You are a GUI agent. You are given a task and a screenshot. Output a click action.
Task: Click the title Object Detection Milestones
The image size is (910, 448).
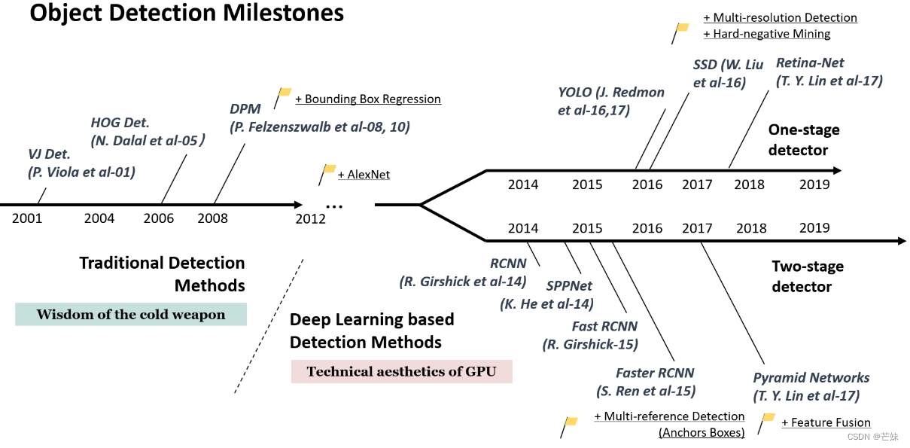(x=187, y=14)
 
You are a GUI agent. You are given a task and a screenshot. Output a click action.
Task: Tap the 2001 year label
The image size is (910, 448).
(x=27, y=218)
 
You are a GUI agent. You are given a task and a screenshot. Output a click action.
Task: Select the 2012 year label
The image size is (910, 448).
(x=311, y=218)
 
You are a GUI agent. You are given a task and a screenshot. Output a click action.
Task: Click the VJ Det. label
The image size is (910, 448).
(x=50, y=154)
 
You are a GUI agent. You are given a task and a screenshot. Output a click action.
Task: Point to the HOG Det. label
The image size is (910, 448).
(x=120, y=122)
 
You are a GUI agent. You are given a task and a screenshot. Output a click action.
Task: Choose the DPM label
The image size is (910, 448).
(x=245, y=109)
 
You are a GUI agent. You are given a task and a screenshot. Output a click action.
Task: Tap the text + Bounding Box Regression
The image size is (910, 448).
(x=368, y=99)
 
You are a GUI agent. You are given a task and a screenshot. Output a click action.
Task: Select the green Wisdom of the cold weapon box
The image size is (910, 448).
(x=131, y=315)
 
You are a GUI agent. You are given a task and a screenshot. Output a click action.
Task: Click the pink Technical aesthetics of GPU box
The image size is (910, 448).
(x=402, y=371)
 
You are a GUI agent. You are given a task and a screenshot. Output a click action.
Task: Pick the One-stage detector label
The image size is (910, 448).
(x=804, y=140)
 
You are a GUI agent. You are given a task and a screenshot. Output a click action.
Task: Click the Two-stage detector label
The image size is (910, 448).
(x=808, y=276)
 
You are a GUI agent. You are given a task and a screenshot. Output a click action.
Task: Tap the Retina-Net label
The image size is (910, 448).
(x=810, y=62)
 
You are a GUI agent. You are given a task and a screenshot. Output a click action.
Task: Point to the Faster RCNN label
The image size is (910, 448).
(x=655, y=373)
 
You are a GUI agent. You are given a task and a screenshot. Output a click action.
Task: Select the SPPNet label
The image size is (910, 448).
(x=569, y=286)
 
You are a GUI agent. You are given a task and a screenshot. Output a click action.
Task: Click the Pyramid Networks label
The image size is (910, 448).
(x=811, y=378)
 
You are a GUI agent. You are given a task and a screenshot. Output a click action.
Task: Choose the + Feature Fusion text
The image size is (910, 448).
(x=826, y=422)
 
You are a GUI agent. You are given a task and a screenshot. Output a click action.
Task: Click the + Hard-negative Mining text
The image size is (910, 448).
(x=766, y=34)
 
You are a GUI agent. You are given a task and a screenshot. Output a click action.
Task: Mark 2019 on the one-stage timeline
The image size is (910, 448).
(x=814, y=184)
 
